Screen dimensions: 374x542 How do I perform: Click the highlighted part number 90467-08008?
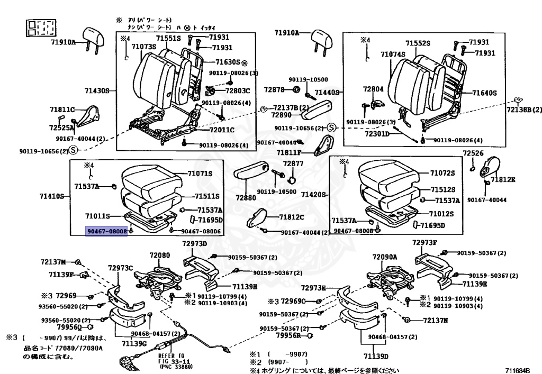[107, 231]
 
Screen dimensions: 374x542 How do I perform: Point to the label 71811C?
[62, 109]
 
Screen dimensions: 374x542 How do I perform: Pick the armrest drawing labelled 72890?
[319, 112]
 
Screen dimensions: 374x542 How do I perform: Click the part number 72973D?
[194, 243]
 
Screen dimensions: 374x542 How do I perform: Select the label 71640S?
[485, 93]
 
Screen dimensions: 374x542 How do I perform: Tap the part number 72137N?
[435, 320]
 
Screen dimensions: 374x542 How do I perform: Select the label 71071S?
[200, 174]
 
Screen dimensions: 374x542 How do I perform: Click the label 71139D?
[375, 355]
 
